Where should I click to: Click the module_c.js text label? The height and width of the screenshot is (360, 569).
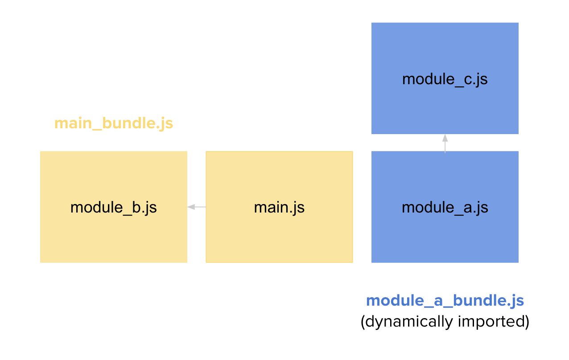(445, 79)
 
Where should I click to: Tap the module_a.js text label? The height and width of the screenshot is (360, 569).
(445, 208)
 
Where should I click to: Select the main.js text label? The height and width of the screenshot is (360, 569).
(279, 208)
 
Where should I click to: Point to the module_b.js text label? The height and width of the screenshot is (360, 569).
(114, 208)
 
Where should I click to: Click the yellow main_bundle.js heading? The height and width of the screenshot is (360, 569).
(114, 124)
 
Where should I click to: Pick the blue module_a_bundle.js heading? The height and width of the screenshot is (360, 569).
(445, 301)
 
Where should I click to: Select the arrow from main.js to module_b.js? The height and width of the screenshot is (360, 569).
(196, 207)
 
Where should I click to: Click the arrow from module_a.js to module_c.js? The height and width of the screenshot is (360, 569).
(445, 143)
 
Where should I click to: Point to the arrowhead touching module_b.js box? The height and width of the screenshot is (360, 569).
(191, 207)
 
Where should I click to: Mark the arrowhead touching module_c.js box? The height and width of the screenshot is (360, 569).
(445, 138)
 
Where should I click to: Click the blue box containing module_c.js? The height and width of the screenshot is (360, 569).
(445, 78)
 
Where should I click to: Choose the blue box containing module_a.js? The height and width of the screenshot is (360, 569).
(445, 207)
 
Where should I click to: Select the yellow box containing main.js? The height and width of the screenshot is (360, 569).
(279, 207)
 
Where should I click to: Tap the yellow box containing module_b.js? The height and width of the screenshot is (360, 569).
(114, 207)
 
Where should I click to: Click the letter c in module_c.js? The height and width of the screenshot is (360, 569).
(468, 80)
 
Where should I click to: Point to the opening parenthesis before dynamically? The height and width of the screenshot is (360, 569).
(363, 322)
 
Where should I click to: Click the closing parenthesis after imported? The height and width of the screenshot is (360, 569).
(527, 322)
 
